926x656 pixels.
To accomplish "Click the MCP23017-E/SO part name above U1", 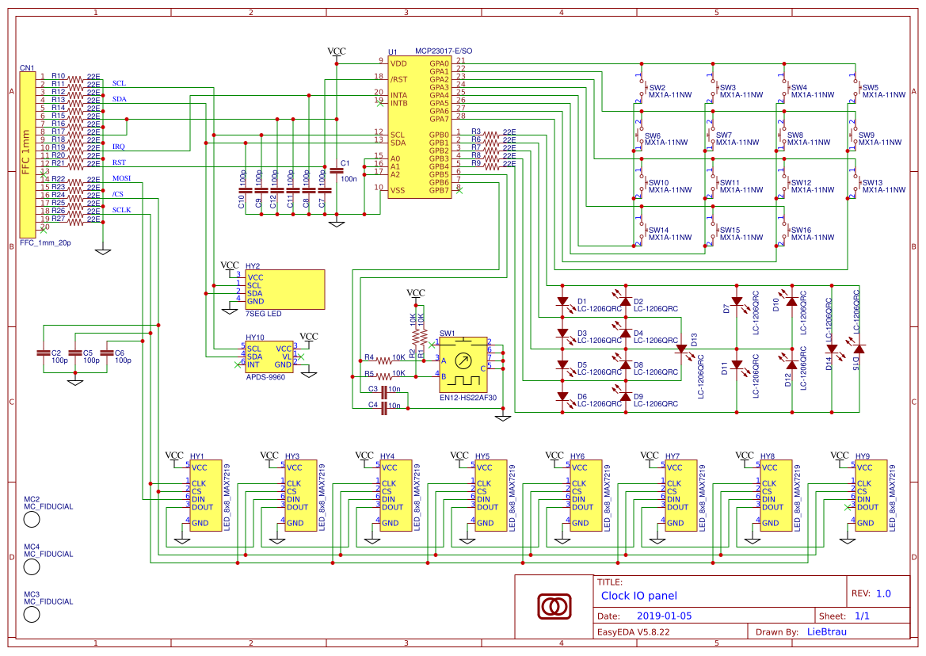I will tap(444, 51).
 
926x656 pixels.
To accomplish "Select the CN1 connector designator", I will tap(27, 68).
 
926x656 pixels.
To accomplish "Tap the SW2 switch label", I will tap(657, 87).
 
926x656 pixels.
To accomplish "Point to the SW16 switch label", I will tap(800, 230).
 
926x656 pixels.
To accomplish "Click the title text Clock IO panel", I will tap(639, 596).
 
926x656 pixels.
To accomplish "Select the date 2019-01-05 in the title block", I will tap(664, 616).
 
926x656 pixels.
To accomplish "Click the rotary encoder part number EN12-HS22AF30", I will tap(467, 398).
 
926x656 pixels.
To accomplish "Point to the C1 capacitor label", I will tap(344, 163).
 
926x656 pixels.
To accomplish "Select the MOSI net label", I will tap(121, 178).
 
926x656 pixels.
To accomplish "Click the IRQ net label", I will tap(118, 147).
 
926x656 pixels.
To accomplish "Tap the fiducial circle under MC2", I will tap(32, 519).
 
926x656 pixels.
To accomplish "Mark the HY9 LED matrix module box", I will tap(870, 495).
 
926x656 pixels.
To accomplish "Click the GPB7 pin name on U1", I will tap(439, 190).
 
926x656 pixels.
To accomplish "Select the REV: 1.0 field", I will tap(871, 593).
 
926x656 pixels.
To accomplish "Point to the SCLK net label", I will tap(122, 210).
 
